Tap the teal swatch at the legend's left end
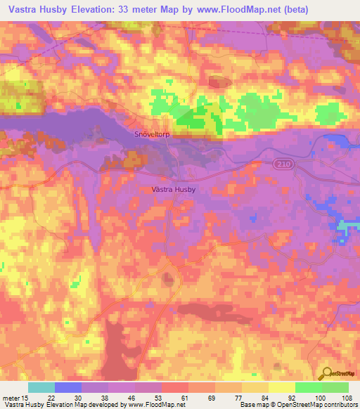(x=41, y=387)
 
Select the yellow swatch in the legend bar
(x=281, y=387)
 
